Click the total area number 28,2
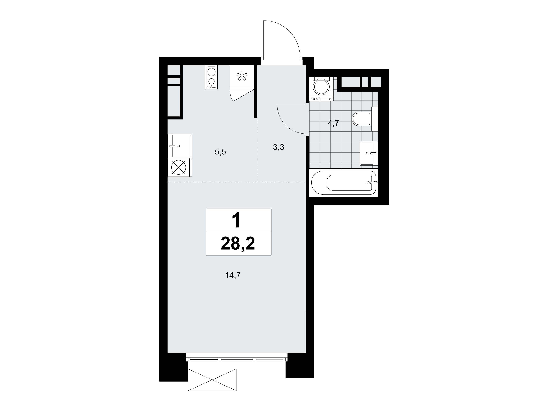(238, 243)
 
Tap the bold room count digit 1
(237, 220)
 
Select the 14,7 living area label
(233, 275)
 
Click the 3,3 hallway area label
(279, 147)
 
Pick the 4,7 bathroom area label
(334, 123)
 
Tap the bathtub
(345, 183)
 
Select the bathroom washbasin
(369, 153)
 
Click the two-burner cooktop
(211, 77)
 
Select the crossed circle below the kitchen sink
(179, 167)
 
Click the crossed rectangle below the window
(212, 380)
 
